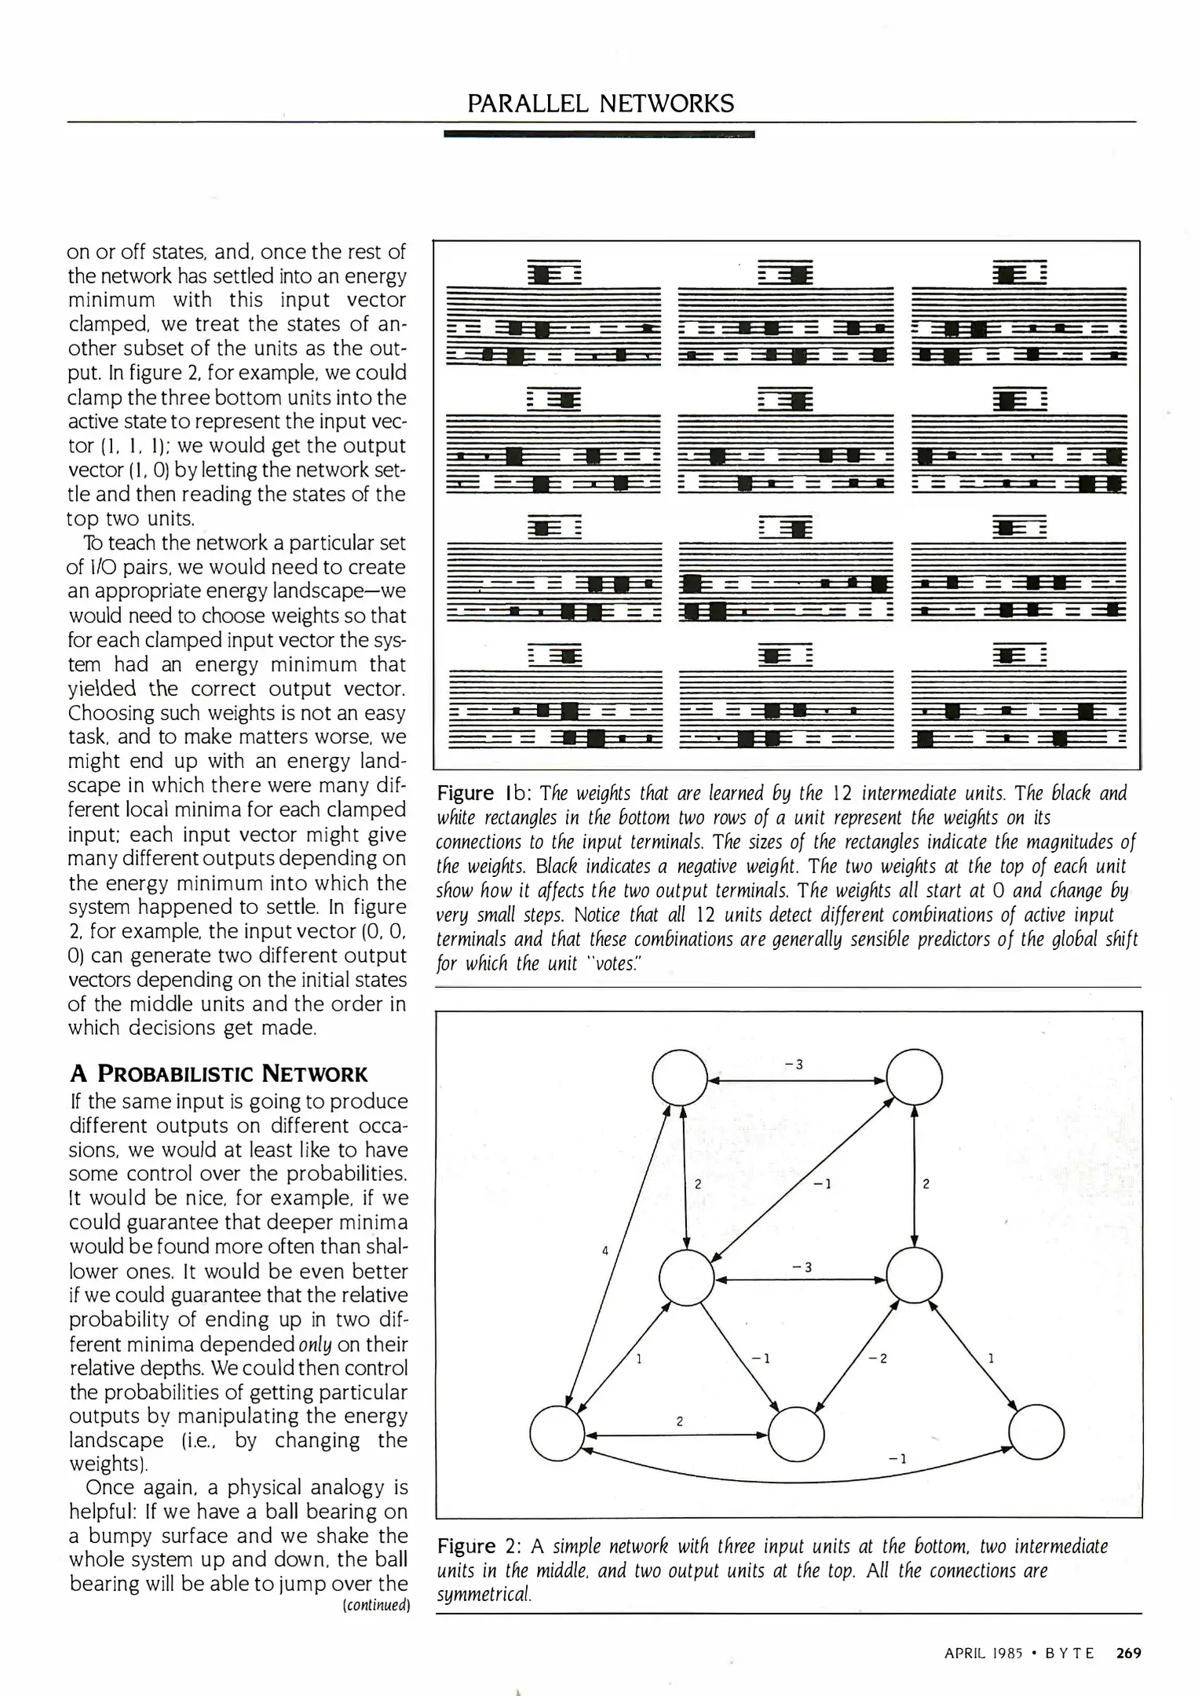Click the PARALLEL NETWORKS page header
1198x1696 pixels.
pyautogui.click(x=601, y=104)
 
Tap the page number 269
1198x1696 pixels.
pyautogui.click(x=1128, y=1653)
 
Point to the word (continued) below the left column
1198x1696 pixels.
pyautogui.click(x=377, y=1605)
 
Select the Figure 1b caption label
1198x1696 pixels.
pyautogui.click(x=485, y=794)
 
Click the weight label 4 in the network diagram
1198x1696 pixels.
pyautogui.click(x=605, y=1251)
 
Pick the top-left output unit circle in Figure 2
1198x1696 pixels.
pyautogui.click(x=680, y=1078)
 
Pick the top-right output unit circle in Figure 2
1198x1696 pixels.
pyautogui.click(x=914, y=1078)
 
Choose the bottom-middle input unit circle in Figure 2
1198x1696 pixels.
pyautogui.click(x=797, y=1434)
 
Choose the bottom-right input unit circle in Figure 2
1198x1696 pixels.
pyautogui.click(x=1036, y=1434)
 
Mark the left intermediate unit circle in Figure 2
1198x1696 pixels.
pyautogui.click(x=686, y=1278)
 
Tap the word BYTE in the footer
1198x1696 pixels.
pyautogui.click(x=1072, y=1653)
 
